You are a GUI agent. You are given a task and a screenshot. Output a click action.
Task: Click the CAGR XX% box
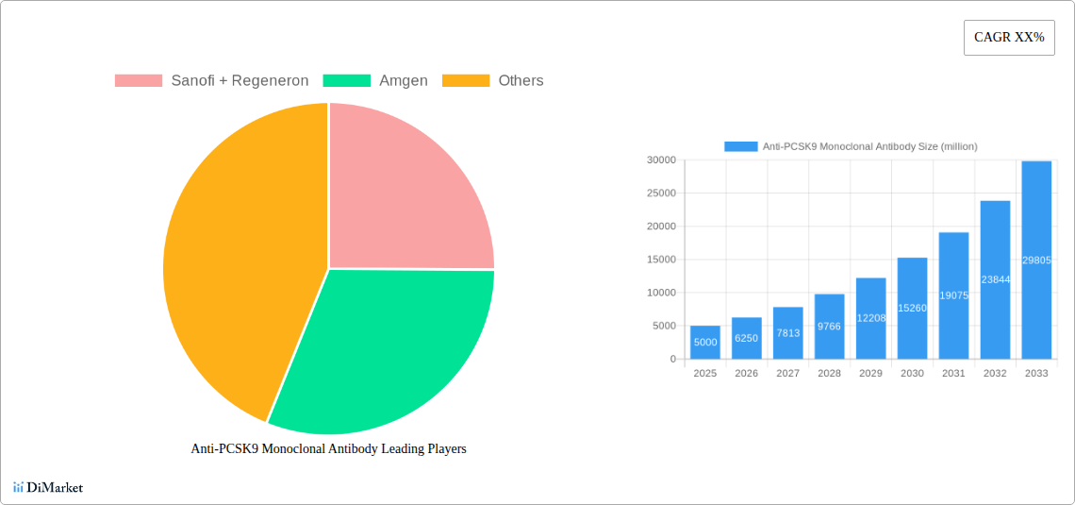click(1009, 38)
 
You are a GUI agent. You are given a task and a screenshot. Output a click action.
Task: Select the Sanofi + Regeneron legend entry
click(212, 81)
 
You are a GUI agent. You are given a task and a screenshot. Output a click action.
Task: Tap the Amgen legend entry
click(375, 81)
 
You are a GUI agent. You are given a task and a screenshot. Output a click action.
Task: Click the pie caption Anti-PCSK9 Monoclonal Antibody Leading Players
click(328, 449)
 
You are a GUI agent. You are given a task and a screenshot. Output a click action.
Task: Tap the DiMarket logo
click(48, 487)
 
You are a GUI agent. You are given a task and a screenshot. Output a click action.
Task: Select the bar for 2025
click(705, 343)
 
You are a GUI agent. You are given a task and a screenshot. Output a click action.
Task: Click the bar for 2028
click(829, 327)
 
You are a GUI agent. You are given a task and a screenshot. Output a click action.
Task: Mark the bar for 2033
click(1036, 261)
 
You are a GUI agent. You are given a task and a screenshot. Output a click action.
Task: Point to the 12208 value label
click(870, 318)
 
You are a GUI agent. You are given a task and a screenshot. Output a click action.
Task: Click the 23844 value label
click(995, 280)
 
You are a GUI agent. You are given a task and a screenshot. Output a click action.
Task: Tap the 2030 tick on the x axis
click(912, 374)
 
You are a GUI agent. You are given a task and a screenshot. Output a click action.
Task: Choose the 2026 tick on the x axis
click(746, 374)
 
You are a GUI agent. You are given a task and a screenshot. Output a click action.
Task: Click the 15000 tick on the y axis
click(660, 260)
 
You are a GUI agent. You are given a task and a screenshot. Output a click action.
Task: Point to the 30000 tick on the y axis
click(660, 160)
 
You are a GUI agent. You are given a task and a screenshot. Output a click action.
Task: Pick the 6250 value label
click(746, 338)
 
